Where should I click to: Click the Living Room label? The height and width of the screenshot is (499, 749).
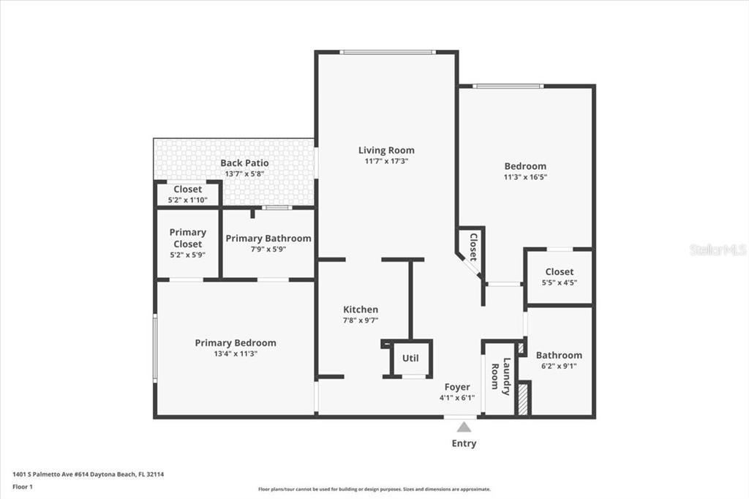386,150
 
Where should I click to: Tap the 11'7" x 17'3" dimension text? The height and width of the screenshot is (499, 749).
386,161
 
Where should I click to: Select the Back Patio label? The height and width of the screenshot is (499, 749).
244,163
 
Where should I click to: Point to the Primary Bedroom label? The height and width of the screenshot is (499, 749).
236,342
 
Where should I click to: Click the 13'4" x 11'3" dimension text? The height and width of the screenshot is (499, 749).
236,353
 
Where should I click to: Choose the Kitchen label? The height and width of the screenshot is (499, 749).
361,309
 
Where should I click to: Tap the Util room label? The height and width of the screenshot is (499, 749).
410,358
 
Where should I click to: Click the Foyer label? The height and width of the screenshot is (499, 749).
457,387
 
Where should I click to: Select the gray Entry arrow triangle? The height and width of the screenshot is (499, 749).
464,427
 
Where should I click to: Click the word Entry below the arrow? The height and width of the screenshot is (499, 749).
464,443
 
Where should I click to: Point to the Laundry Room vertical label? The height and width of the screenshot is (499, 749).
500,377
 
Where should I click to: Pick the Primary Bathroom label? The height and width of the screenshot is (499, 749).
268,238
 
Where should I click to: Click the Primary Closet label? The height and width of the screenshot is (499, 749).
188,238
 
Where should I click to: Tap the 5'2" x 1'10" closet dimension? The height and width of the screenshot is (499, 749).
188,200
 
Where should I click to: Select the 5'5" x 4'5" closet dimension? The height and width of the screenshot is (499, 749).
560,282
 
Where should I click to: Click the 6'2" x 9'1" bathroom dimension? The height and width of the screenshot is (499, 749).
559,366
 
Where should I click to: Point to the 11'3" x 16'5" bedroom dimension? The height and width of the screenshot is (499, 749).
525,177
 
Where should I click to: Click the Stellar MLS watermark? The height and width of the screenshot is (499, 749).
718,249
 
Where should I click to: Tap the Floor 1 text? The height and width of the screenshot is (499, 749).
23,487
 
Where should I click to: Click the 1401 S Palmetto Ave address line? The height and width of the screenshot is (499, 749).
88,475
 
